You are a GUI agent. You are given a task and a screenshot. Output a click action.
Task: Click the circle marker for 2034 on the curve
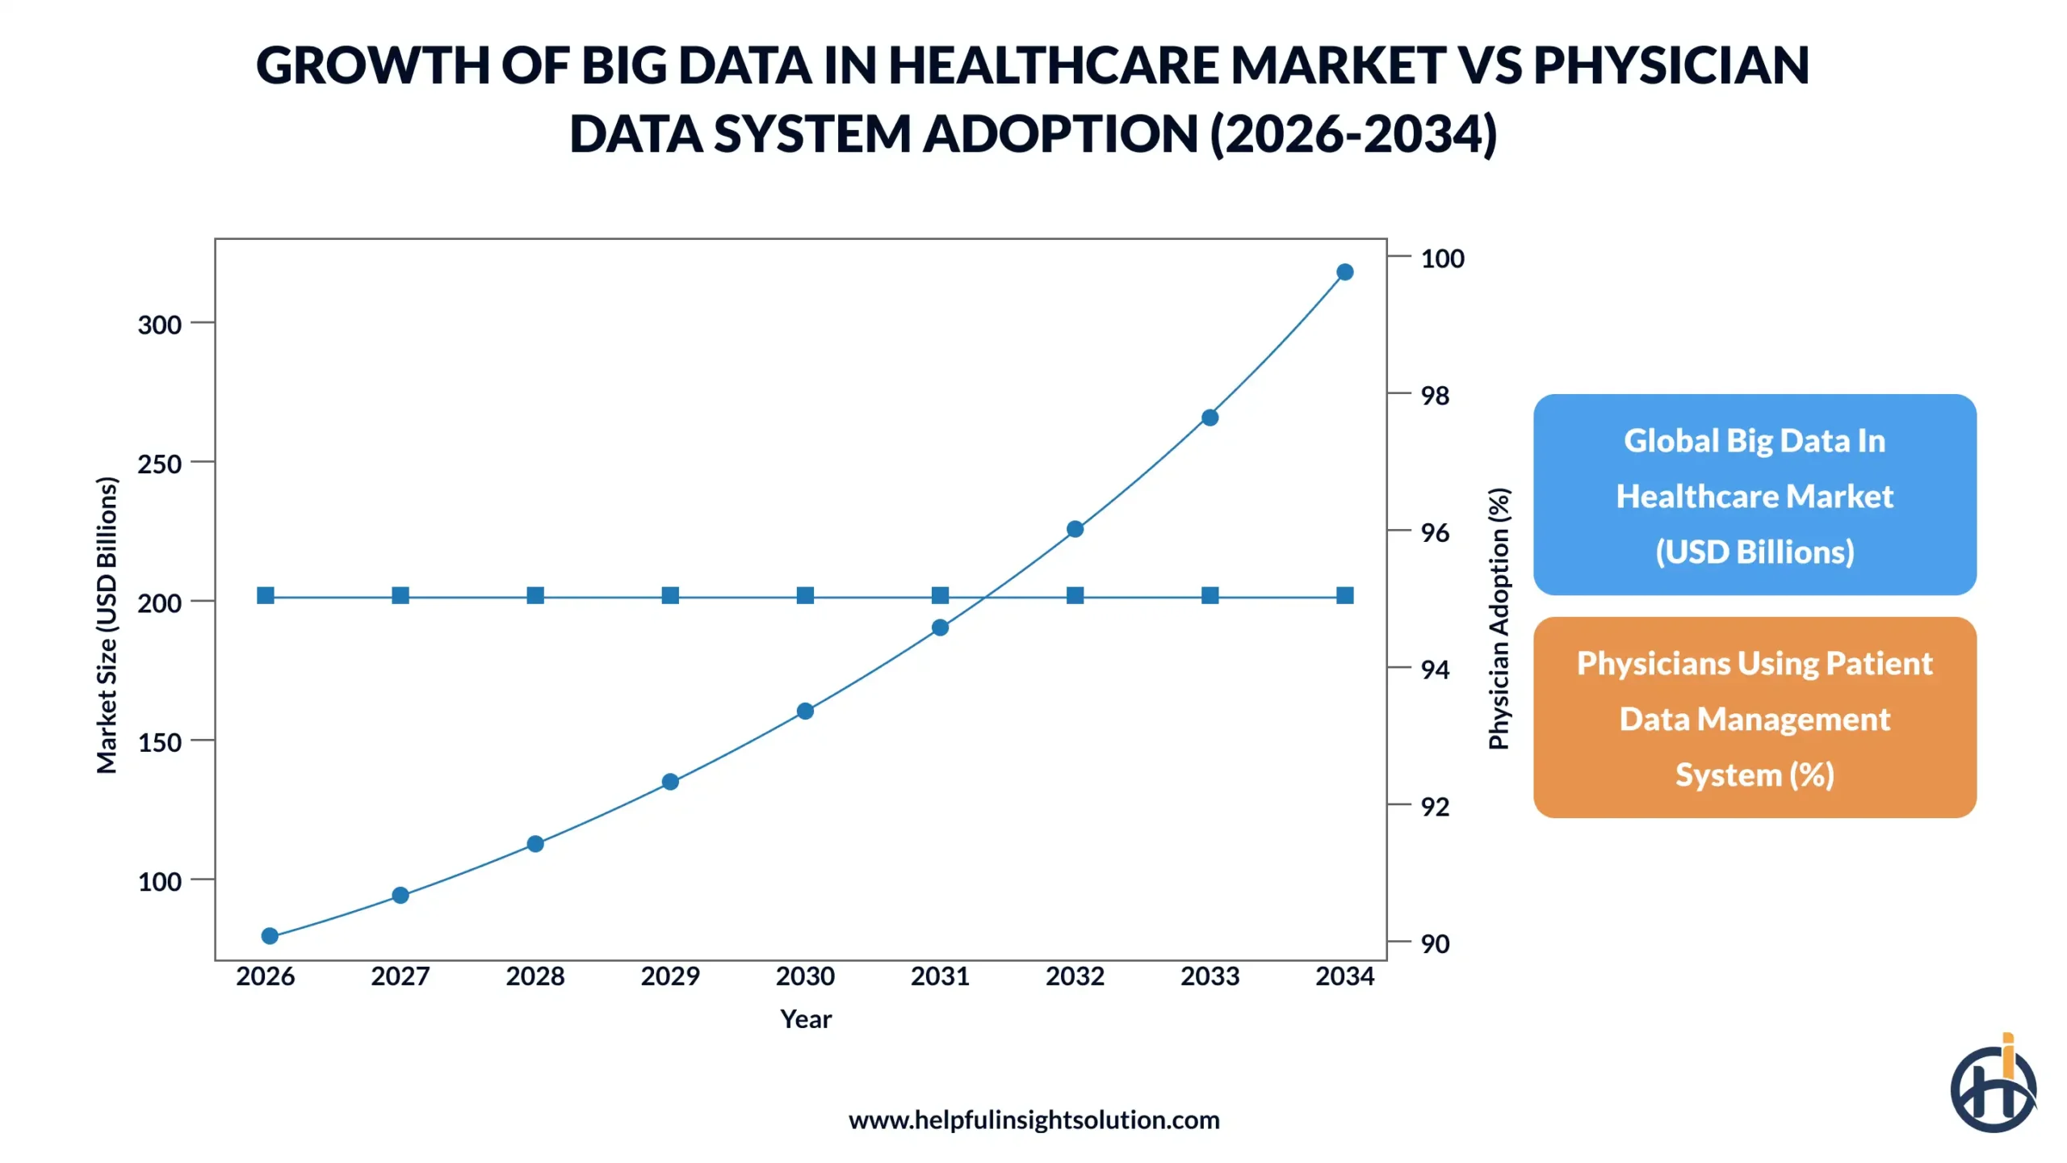1344,272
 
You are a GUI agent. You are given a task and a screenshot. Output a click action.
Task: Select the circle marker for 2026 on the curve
270,936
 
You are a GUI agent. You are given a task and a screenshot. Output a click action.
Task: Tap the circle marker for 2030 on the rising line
805,711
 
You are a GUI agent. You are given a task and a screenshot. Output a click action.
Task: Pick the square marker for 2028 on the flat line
535,596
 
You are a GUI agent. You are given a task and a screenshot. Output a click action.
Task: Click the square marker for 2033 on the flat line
1210,596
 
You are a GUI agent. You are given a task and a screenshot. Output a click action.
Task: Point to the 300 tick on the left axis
159,325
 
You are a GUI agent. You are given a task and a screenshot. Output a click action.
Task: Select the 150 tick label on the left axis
159,742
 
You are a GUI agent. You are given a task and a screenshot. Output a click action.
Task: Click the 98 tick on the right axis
1435,396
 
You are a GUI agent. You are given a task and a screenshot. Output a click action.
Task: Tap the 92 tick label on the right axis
1435,806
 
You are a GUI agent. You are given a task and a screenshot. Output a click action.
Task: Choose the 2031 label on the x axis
940,976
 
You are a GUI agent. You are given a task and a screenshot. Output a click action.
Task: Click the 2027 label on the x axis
400,976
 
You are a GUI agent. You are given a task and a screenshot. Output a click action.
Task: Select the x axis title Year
805,1019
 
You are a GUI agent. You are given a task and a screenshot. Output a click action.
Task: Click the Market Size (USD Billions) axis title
107,625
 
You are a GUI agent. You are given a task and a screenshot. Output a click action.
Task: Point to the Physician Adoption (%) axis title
1499,619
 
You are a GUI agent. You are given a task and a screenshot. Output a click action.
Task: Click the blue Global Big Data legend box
1755,495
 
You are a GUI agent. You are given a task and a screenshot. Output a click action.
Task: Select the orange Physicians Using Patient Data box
1755,718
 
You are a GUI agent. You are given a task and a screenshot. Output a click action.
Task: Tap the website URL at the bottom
1033,1120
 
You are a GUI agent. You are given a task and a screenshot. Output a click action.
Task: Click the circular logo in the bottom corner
1993,1086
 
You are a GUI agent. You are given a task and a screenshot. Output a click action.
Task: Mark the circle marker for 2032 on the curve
1075,529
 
